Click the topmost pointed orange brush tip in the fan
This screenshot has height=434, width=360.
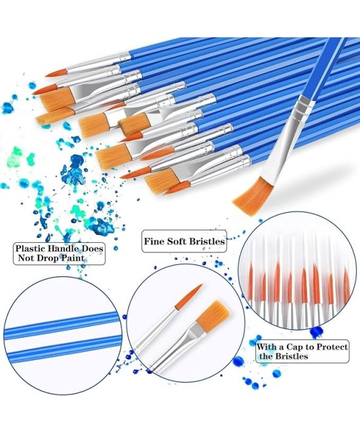coord(57,73)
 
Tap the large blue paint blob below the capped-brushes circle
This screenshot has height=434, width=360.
coord(317,331)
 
